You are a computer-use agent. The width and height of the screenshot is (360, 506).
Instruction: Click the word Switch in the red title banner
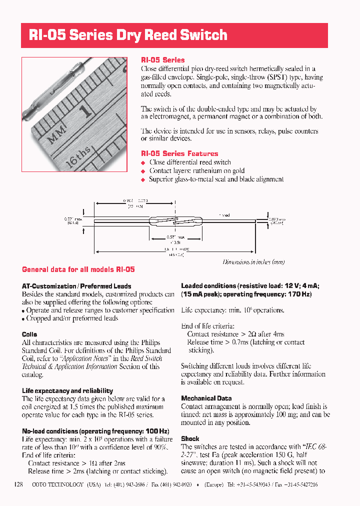coord(199,35)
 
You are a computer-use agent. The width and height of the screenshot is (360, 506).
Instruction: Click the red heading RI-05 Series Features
coord(179,153)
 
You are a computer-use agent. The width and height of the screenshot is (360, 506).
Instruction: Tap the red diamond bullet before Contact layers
coord(143,171)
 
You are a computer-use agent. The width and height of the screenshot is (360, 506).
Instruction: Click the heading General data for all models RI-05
coord(78,269)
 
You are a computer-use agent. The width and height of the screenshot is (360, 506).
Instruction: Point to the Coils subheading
coord(29,334)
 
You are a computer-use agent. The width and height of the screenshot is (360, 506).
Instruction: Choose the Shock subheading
coord(190,438)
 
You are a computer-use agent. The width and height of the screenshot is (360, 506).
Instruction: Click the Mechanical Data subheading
coord(206,398)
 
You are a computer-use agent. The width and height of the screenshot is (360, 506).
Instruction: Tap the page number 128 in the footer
coord(19,484)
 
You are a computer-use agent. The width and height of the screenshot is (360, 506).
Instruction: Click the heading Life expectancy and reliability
coord(67,390)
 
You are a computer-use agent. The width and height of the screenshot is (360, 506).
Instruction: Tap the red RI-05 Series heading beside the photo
coord(162,59)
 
